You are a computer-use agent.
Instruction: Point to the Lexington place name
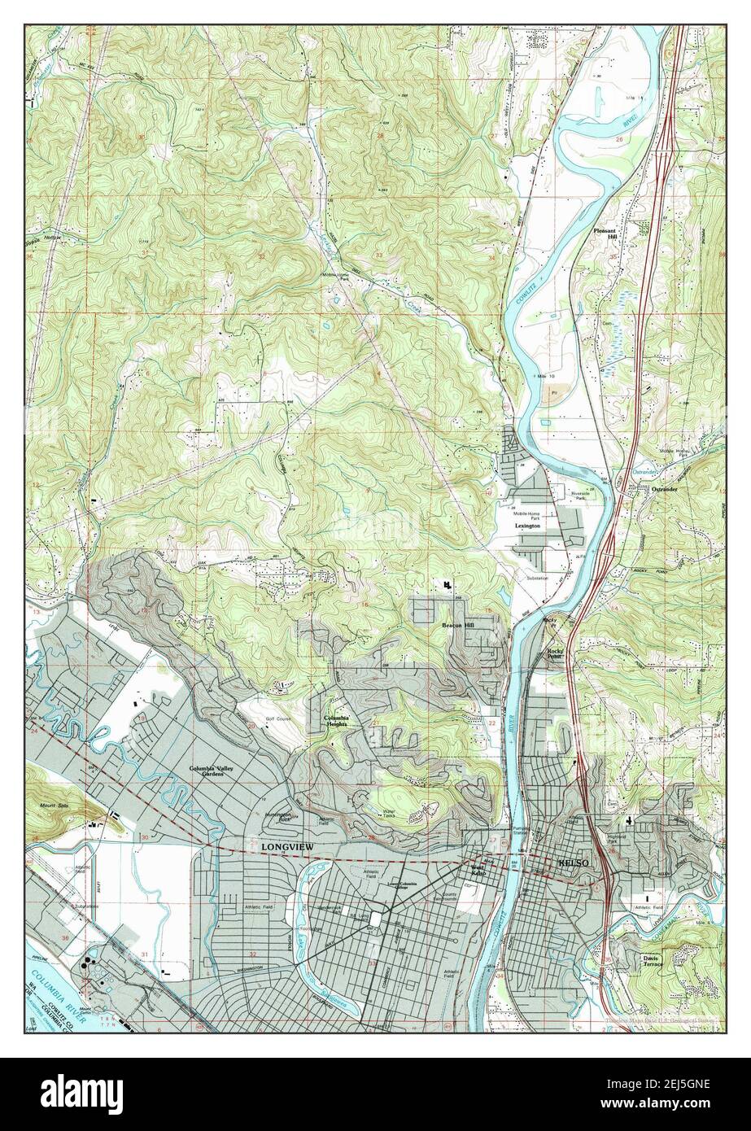pos(528,526)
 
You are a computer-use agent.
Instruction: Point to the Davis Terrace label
pos(651,960)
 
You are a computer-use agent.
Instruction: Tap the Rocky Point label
pos(556,652)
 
